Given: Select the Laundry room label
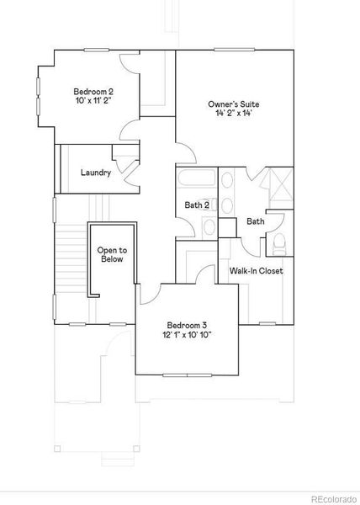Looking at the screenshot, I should (96, 173).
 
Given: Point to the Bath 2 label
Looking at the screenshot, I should (196, 205).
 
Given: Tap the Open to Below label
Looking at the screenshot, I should (112, 254).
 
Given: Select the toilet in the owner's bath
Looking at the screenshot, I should (280, 244).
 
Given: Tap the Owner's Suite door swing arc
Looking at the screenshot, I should (187, 153).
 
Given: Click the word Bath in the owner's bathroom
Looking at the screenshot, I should (255, 221).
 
